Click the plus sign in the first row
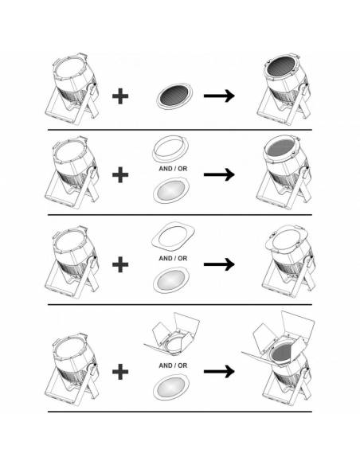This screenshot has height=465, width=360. point(120,96)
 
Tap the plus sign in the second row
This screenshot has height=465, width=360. point(120,174)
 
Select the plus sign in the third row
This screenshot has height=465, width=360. point(120,264)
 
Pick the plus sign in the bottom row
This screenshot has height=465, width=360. point(120,372)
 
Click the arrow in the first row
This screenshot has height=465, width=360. point(219,96)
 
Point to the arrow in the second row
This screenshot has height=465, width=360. point(219,174)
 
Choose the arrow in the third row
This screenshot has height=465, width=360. point(219,264)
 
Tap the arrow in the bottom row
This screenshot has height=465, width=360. point(219,371)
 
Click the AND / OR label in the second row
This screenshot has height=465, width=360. point(173,169)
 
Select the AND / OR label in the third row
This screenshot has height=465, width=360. point(173,258)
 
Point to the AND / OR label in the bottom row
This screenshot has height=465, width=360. point(173,365)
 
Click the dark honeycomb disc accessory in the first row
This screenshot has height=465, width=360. point(174,96)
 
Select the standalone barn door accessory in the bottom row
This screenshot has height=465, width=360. point(172,335)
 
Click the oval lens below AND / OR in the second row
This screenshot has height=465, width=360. point(171,190)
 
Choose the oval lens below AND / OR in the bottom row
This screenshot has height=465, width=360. point(171,387)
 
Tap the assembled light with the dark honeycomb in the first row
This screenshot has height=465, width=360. point(284,89)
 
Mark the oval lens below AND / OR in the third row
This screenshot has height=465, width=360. point(171,280)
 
